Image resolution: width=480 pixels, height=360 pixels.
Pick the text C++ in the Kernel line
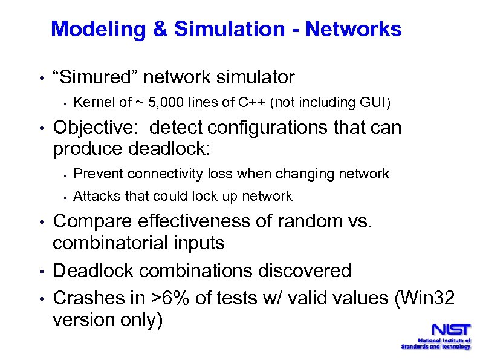[252, 103]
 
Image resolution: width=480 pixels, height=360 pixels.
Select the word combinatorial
[113, 243]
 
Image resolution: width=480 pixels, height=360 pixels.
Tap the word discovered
[301, 270]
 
